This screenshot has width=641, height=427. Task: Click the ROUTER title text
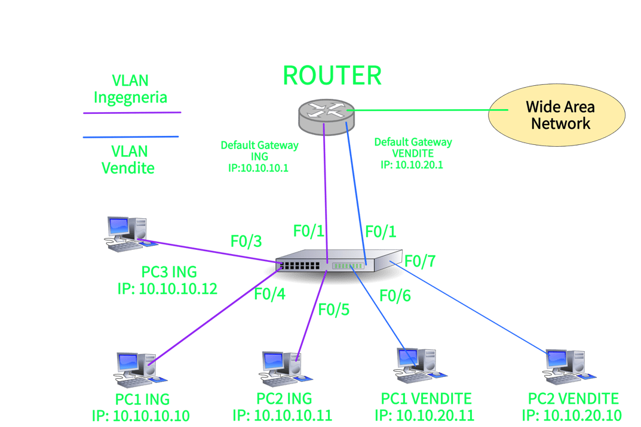click(x=332, y=76)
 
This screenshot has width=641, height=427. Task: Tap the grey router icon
click(x=326, y=117)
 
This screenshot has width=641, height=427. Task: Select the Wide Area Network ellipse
click(x=556, y=115)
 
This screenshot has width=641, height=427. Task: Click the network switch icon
click(x=339, y=261)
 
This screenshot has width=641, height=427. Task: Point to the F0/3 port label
click(x=246, y=242)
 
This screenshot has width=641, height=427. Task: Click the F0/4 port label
click(x=270, y=294)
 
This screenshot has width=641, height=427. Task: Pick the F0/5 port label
click(x=334, y=310)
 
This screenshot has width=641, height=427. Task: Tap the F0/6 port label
click(x=395, y=296)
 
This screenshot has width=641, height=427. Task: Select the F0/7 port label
click(x=420, y=261)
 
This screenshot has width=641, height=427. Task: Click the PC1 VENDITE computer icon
click(x=420, y=366)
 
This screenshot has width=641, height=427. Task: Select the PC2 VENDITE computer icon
click(x=569, y=367)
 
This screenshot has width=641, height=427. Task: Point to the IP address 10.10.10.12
click(x=178, y=289)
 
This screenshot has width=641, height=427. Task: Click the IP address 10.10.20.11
click(x=435, y=416)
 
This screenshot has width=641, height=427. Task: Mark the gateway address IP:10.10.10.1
click(x=258, y=168)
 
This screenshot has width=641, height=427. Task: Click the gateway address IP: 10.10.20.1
click(x=412, y=165)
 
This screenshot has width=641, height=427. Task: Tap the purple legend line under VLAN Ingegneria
click(x=132, y=113)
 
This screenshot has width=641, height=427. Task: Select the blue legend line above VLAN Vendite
click(x=131, y=137)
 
